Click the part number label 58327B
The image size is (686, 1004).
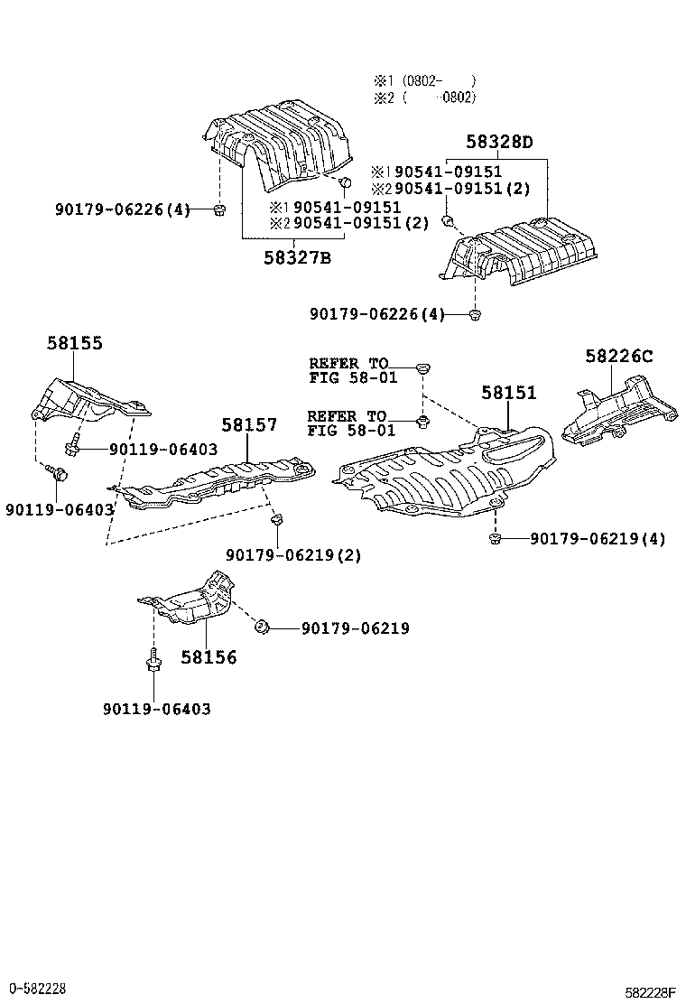[297, 257]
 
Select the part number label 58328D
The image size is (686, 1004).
[499, 143]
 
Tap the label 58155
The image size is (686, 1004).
[74, 343]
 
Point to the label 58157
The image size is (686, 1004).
[249, 424]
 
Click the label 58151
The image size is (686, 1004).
[508, 393]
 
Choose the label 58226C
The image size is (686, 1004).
[617, 356]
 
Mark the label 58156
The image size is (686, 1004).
[209, 657]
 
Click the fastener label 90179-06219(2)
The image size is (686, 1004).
[293, 555]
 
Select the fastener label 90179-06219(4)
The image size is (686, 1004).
[598, 539]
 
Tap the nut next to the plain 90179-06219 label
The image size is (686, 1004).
[259, 626]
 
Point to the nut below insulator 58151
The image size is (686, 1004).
[496, 539]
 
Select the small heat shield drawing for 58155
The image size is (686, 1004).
[86, 403]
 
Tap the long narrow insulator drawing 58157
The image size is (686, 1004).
[221, 483]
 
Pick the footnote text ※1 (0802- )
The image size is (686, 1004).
[423, 80]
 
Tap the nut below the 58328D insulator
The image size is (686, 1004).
[476, 314]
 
